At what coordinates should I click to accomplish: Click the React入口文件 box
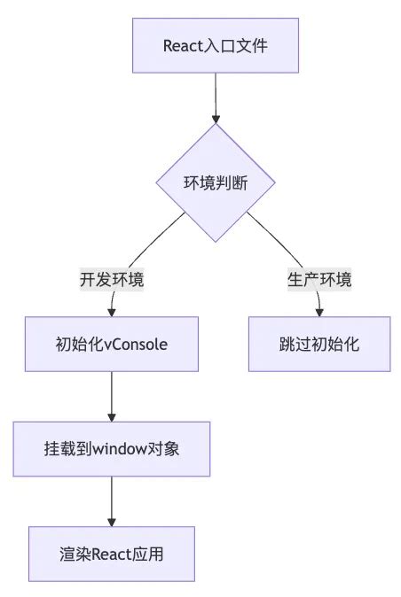pyautogui.click(x=216, y=45)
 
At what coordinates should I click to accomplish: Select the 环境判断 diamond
pyautogui.click(x=216, y=182)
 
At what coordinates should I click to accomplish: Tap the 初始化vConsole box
pyautogui.click(x=112, y=345)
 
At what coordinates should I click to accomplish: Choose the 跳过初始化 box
pyautogui.click(x=318, y=345)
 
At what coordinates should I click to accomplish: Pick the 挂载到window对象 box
pyautogui.click(x=112, y=449)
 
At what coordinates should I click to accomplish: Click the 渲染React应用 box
pyautogui.click(x=112, y=554)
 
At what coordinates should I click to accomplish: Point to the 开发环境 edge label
pyautogui.click(x=112, y=280)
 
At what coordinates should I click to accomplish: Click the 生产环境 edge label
pyautogui.click(x=318, y=280)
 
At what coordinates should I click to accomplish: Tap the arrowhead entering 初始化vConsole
pyautogui.click(x=112, y=312)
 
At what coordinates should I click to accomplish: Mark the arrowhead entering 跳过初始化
pyautogui.click(x=318, y=312)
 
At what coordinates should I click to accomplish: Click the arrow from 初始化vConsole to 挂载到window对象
pyautogui.click(x=112, y=395)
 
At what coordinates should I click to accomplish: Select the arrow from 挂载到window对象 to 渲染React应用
pyautogui.click(x=112, y=500)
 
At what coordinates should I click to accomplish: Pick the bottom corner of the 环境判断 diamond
pyautogui.click(x=216, y=241)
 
